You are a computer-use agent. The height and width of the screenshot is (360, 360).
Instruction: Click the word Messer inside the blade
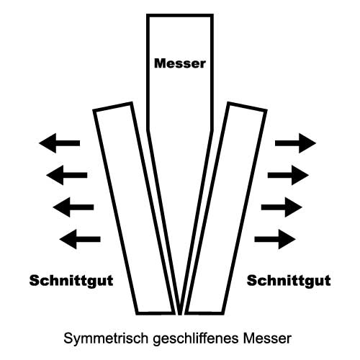[x=180, y=63]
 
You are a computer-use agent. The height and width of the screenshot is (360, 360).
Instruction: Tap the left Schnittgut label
[x=71, y=281]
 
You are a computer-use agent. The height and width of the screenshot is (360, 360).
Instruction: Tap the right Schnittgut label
[x=289, y=281]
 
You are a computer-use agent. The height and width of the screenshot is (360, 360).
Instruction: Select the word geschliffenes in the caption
[x=196, y=338]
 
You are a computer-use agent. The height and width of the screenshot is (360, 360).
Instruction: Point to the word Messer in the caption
[x=267, y=338]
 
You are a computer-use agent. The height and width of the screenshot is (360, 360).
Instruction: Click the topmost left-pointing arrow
[x=59, y=143]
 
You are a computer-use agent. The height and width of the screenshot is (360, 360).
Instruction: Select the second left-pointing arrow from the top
[x=67, y=175]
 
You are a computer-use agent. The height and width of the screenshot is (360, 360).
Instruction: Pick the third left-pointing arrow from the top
[x=73, y=207]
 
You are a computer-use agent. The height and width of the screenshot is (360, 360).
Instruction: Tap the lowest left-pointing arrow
[x=80, y=239]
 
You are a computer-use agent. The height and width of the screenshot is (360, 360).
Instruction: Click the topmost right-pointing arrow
[x=295, y=143]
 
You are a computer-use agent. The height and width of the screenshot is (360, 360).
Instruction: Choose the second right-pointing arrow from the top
[x=288, y=175]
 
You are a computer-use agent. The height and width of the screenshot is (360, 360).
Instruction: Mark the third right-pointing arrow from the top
[x=282, y=207]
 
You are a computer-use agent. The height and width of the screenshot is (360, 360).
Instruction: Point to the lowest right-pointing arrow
[x=275, y=239]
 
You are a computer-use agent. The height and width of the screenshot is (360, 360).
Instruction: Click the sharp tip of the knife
[x=180, y=314]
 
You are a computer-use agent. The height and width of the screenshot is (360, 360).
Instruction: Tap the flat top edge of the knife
[x=180, y=16]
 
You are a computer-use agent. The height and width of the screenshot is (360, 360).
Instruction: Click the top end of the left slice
[x=112, y=107]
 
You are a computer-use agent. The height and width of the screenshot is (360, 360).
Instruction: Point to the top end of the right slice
[x=248, y=107]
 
